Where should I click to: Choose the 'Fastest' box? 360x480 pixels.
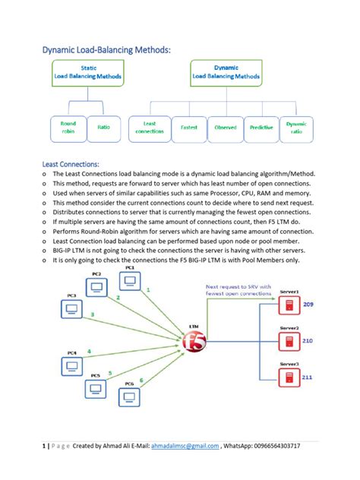click(x=188, y=128)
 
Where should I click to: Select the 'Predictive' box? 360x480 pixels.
click(x=261, y=128)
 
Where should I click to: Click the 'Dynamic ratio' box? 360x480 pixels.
click(x=295, y=128)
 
